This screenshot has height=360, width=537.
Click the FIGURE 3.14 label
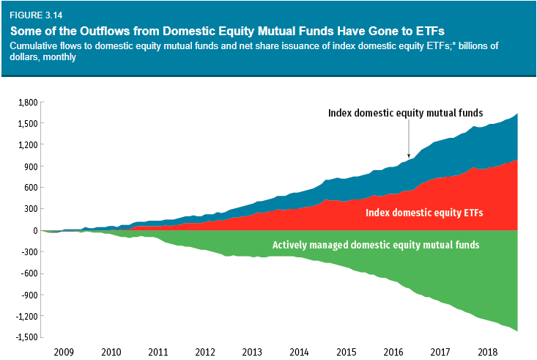click(34, 15)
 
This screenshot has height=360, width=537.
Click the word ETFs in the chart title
click(432, 30)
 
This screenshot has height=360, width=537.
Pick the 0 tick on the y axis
click(34, 230)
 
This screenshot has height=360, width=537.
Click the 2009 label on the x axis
click(64, 352)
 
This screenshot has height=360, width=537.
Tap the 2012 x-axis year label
click(205, 352)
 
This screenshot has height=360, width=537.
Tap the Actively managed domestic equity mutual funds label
click(375, 245)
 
